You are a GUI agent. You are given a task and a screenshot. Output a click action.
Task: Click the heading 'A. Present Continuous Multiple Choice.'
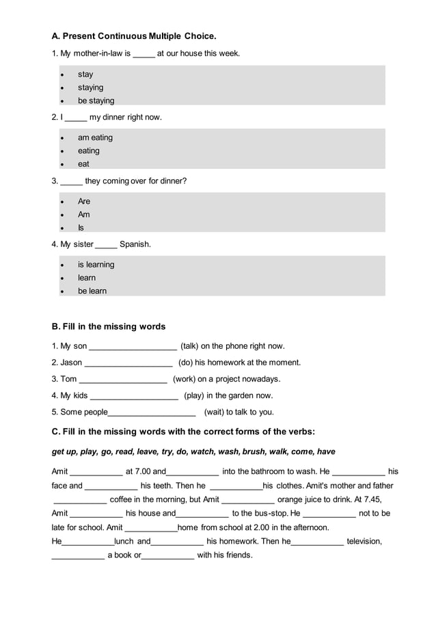click(x=134, y=35)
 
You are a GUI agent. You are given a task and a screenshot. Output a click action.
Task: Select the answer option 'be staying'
click(x=96, y=101)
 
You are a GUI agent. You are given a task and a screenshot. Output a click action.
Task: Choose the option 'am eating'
click(x=95, y=137)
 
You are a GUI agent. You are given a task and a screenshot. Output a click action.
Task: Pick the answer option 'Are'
click(x=84, y=201)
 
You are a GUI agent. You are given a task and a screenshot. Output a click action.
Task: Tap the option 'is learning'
click(x=96, y=265)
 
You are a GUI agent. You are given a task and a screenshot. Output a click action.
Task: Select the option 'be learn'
click(x=92, y=291)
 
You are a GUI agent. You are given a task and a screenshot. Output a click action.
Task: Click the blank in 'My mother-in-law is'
click(x=144, y=54)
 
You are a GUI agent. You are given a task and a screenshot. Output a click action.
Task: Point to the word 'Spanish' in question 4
click(x=135, y=244)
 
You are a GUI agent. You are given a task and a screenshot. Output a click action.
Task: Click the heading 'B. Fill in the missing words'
click(x=109, y=326)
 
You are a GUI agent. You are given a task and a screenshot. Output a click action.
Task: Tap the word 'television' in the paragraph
click(x=363, y=541)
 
